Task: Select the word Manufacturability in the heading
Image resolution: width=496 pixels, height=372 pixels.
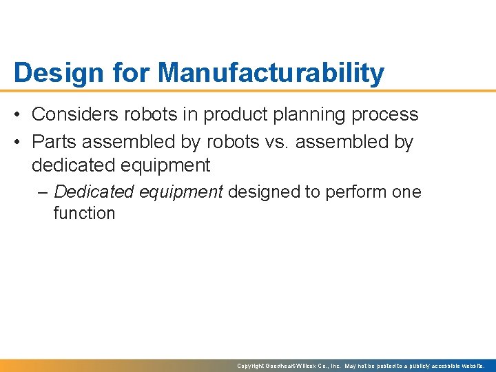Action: click(x=272, y=73)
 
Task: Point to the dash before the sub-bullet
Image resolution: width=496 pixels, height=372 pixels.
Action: click(x=43, y=192)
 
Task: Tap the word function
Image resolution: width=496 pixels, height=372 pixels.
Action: click(x=84, y=213)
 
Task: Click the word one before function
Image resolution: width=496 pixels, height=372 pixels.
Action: click(x=406, y=192)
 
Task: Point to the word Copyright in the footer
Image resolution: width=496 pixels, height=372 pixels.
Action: click(x=251, y=366)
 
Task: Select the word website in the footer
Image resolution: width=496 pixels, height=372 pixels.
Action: click(x=472, y=366)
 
